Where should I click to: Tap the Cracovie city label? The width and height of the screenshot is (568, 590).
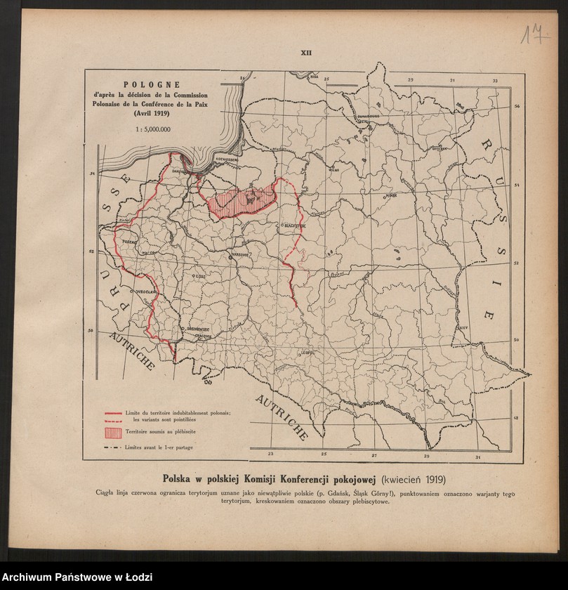tap(185, 336)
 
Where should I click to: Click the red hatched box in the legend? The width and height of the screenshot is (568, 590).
tap(113, 430)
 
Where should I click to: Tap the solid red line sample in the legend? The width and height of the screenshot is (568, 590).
tap(113, 413)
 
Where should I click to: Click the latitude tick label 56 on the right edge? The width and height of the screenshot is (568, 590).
tap(516, 107)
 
